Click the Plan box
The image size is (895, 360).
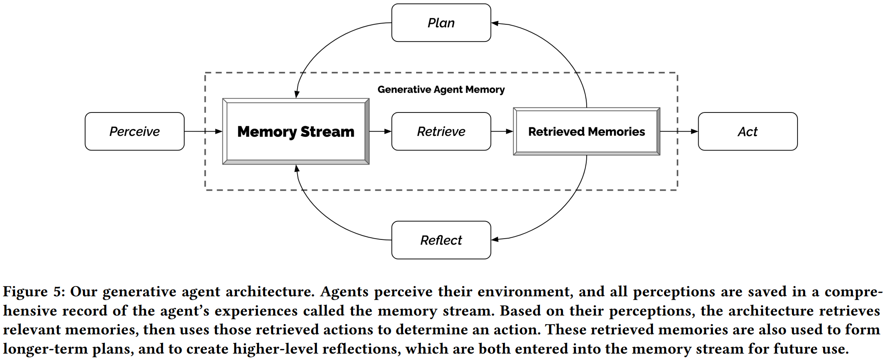tap(441, 23)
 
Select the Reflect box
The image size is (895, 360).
tap(441, 240)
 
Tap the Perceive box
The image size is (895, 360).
tap(134, 131)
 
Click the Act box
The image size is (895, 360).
tap(747, 131)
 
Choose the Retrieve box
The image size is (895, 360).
tap(441, 131)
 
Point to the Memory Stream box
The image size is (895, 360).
tap(295, 131)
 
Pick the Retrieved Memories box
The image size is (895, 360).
tap(586, 131)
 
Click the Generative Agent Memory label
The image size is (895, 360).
tap(441, 89)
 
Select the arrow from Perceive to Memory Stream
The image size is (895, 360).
tap(203, 131)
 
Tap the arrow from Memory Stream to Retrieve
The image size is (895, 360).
tap(380, 131)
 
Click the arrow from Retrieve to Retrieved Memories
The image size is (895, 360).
tap(502, 131)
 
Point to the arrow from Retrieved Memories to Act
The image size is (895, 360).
tap(679, 131)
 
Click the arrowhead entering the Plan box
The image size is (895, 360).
tap(495, 23)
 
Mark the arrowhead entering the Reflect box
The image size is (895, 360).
tap(495, 239)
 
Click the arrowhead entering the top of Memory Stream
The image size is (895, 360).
tap(297, 94)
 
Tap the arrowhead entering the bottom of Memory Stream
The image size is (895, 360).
tap(297, 168)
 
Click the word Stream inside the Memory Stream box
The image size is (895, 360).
tap(327, 131)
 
